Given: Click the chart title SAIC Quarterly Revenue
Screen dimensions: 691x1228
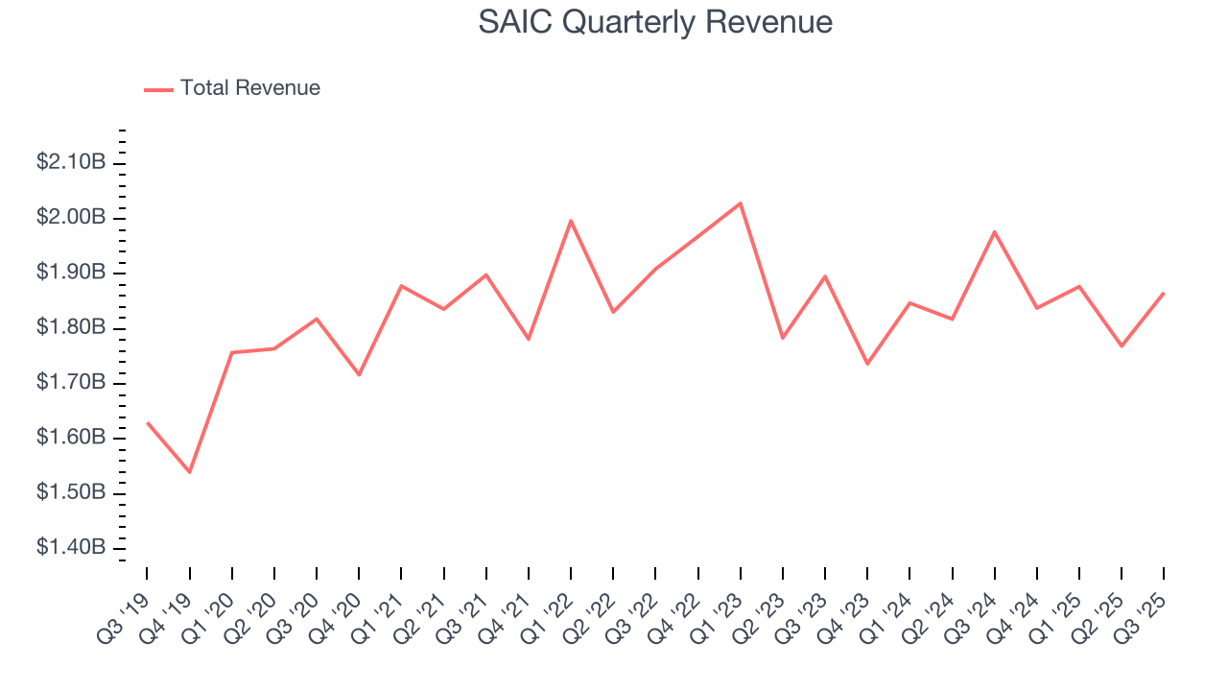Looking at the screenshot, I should tap(655, 22).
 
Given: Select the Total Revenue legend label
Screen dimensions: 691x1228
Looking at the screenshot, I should tap(249, 88).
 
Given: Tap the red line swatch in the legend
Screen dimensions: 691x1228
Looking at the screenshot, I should tap(158, 89).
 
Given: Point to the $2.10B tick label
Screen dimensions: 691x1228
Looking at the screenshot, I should tap(71, 163).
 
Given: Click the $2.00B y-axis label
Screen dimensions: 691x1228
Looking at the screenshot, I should tap(71, 218).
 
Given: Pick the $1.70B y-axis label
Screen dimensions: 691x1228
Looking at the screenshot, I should tap(71, 383).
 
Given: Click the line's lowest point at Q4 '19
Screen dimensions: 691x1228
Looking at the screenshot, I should tap(190, 472).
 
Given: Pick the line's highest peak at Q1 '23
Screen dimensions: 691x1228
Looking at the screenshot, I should tap(741, 203).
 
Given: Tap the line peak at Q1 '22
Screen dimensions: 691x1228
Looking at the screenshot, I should tap(571, 221).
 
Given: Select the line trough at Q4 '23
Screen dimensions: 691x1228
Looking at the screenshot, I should tap(867, 364).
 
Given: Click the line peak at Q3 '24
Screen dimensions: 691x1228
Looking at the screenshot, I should tap(995, 231).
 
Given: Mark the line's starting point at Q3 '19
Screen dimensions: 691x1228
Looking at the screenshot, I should tap(148, 422).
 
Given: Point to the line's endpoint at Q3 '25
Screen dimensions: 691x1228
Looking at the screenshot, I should tap(1164, 293).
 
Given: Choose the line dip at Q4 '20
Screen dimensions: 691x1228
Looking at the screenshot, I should tap(359, 374).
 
